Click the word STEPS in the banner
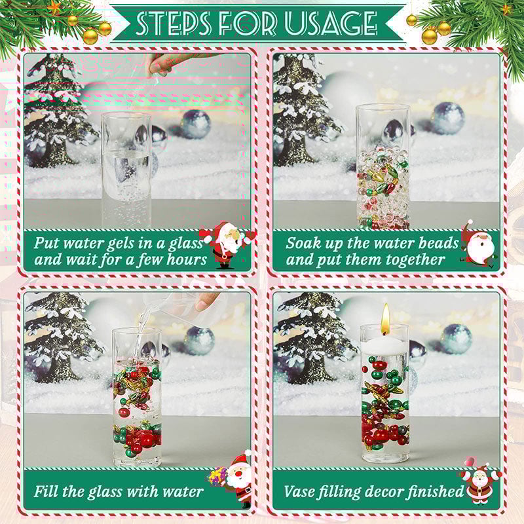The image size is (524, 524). pyautogui.click(x=173, y=23)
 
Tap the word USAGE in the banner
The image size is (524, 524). pyautogui.click(x=330, y=23)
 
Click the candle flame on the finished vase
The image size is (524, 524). pyautogui.click(x=386, y=319)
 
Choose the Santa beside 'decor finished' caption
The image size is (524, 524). pyautogui.click(x=479, y=482)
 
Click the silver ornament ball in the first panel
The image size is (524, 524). pyautogui.click(x=196, y=124)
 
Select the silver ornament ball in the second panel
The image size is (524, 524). pyautogui.click(x=449, y=118)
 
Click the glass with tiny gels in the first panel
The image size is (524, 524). pyautogui.click(x=126, y=170)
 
